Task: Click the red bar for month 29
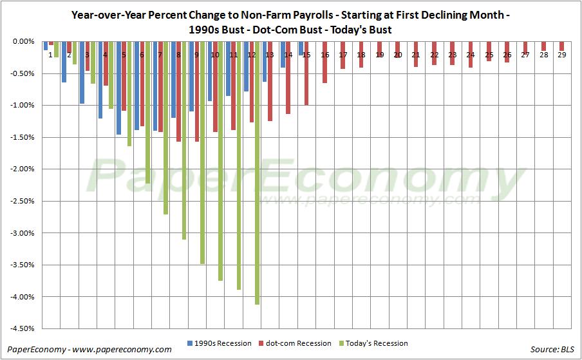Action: click(x=562, y=46)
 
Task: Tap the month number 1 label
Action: click(x=50, y=55)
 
